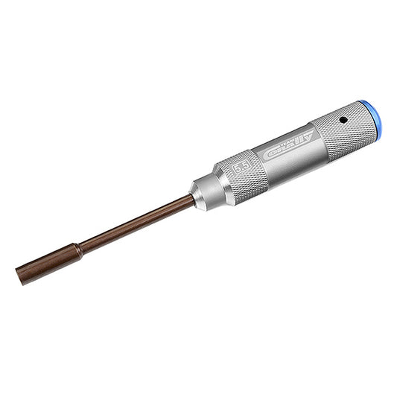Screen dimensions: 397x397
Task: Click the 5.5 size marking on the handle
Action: click(241, 169)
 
